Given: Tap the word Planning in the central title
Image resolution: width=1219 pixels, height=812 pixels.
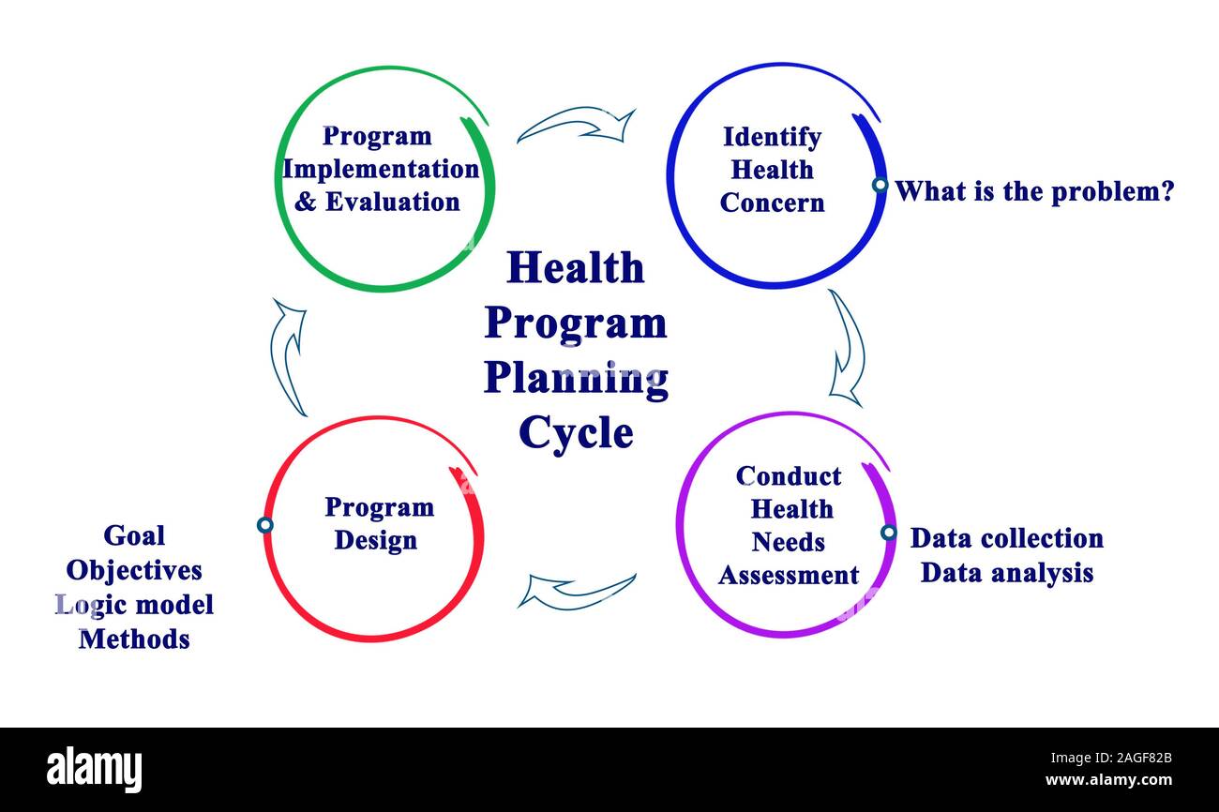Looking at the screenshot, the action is click(577, 380).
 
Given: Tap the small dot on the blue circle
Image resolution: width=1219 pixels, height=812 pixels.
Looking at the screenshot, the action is click(880, 185).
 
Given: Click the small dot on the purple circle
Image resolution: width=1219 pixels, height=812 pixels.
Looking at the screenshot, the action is click(888, 532).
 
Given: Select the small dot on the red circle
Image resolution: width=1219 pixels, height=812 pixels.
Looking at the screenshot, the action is click(265, 525).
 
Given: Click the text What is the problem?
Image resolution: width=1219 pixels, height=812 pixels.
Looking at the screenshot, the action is click(1034, 191).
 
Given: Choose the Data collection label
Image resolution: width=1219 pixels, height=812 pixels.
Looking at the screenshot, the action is click(1007, 538).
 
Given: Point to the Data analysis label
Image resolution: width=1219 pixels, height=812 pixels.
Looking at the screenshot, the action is click(1007, 573).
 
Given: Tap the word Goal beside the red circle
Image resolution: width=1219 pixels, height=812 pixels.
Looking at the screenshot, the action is click(134, 535).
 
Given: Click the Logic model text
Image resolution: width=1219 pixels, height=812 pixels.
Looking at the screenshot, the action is click(134, 605).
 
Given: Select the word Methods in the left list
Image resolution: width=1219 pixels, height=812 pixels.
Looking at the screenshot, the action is click(134, 639).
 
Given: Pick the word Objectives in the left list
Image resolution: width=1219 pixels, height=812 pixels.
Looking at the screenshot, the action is click(134, 571).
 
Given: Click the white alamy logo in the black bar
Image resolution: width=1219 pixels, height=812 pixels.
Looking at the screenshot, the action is click(94, 769).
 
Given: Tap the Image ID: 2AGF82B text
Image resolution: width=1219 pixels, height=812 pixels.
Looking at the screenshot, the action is click(1111, 758).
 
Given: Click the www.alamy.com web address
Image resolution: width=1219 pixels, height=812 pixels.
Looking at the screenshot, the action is click(1108, 780).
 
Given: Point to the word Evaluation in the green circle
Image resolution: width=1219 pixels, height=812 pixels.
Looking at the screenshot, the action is click(392, 202).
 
